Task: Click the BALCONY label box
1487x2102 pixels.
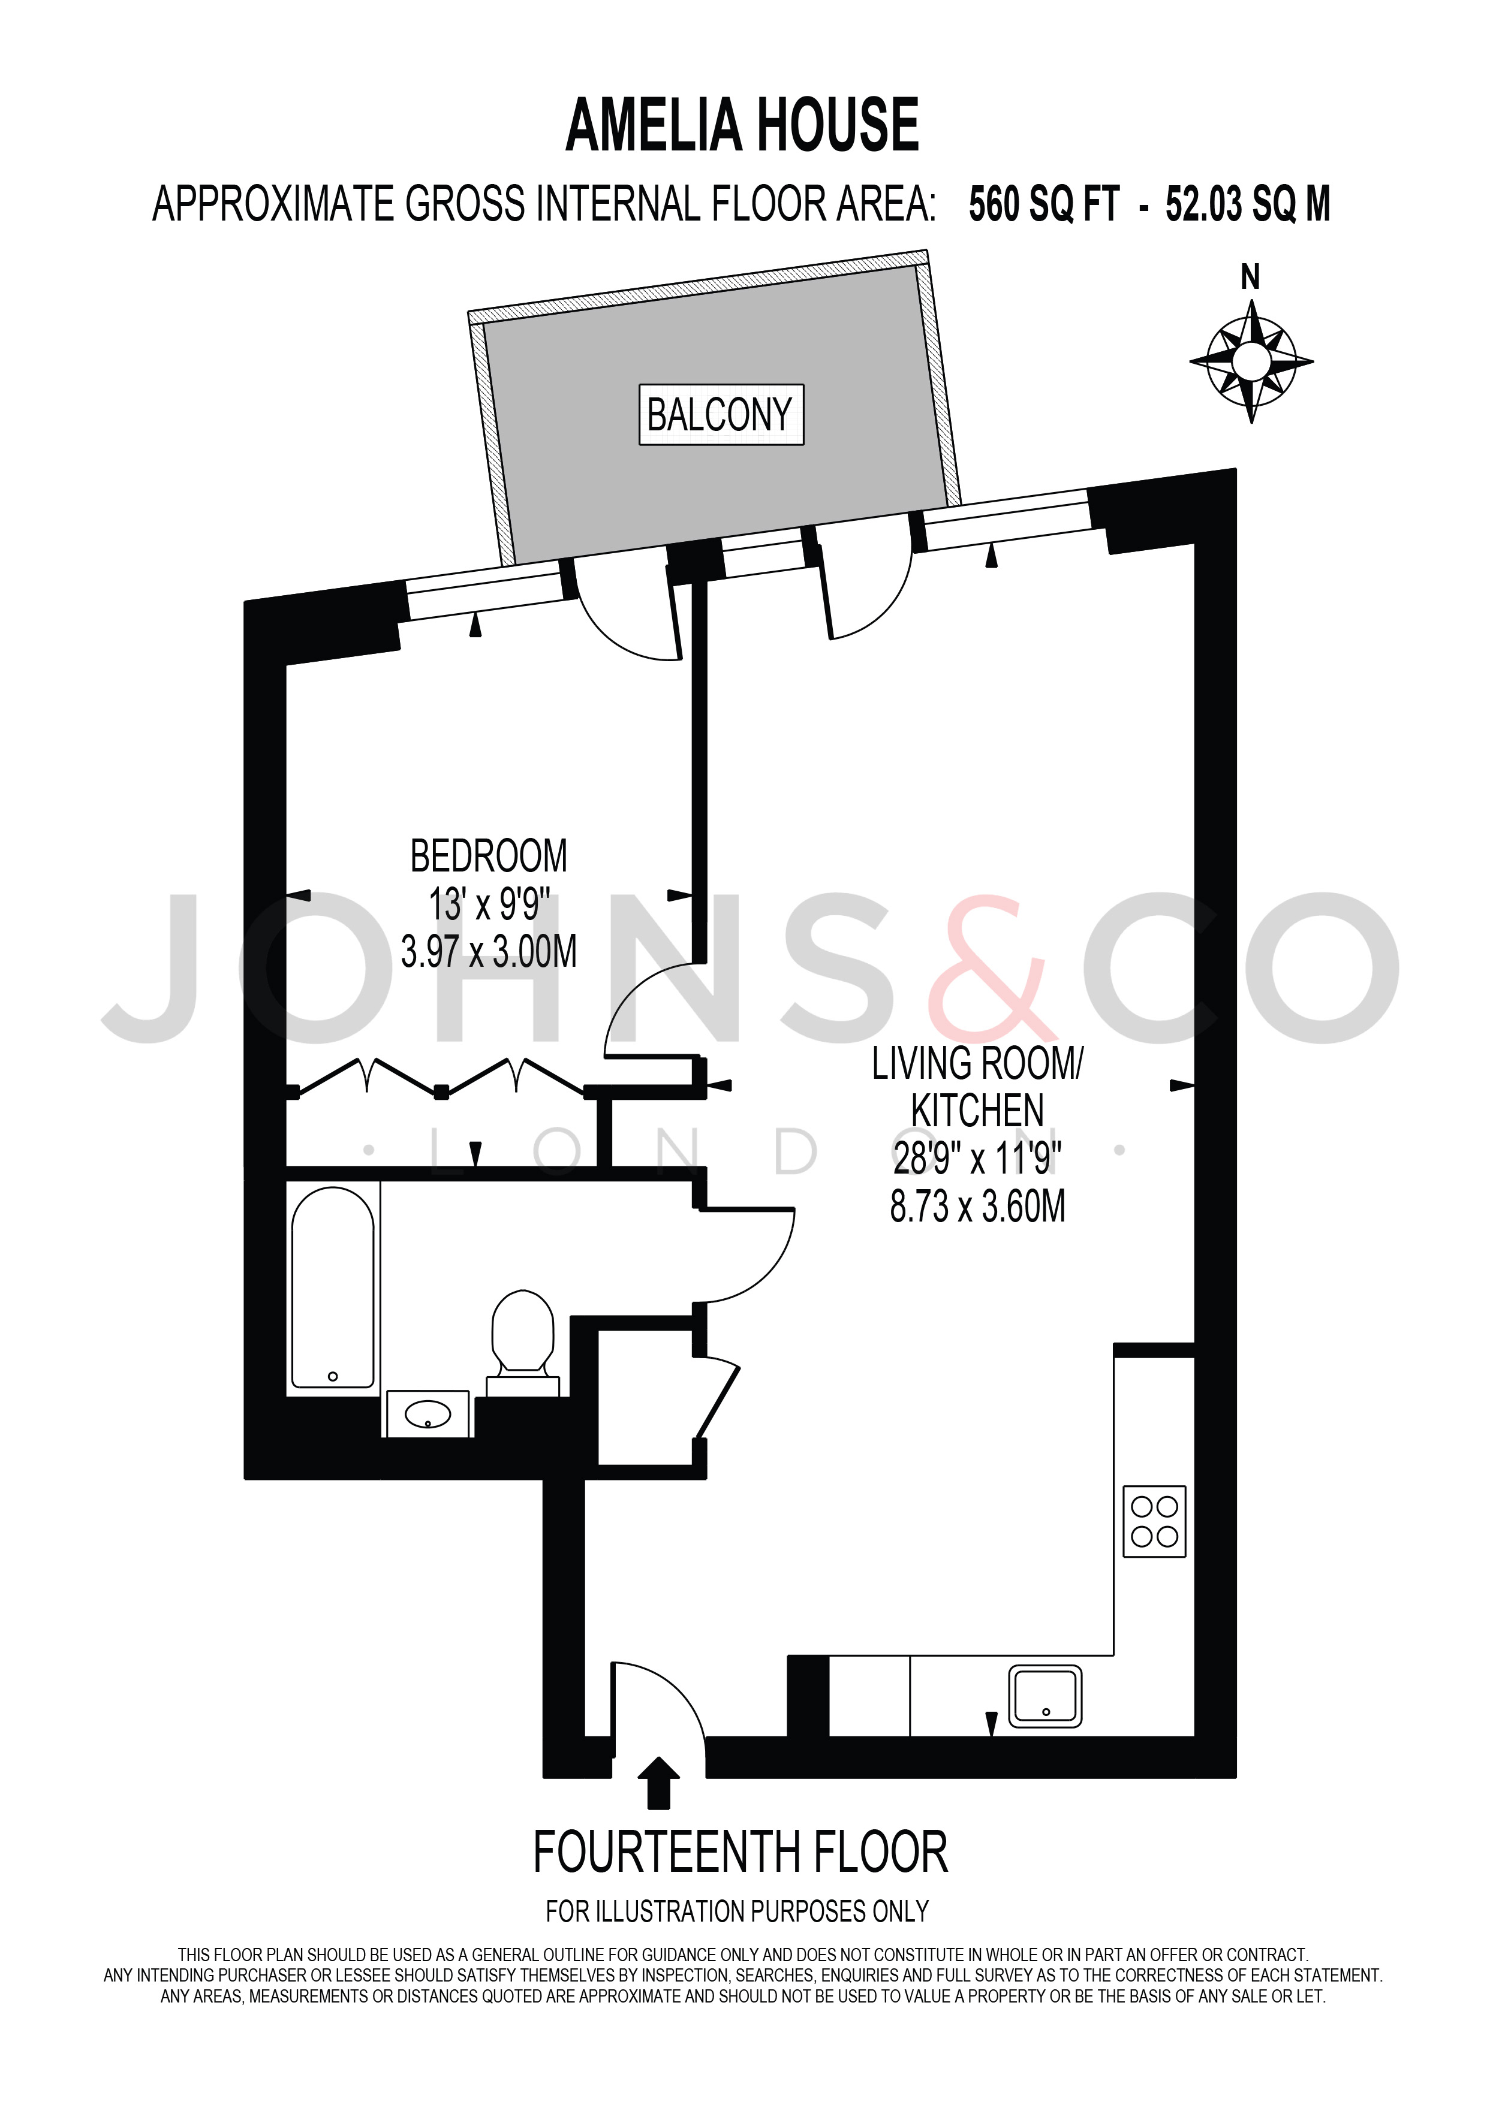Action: click(x=721, y=415)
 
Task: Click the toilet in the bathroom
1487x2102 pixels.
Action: click(x=523, y=1343)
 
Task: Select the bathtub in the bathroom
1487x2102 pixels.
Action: click(x=332, y=1288)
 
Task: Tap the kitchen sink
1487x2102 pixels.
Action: click(x=1044, y=1696)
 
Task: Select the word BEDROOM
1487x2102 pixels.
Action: click(x=489, y=857)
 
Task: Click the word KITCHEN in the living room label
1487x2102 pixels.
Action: click(x=978, y=1111)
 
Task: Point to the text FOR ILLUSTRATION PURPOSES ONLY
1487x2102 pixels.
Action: click(x=737, y=1911)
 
